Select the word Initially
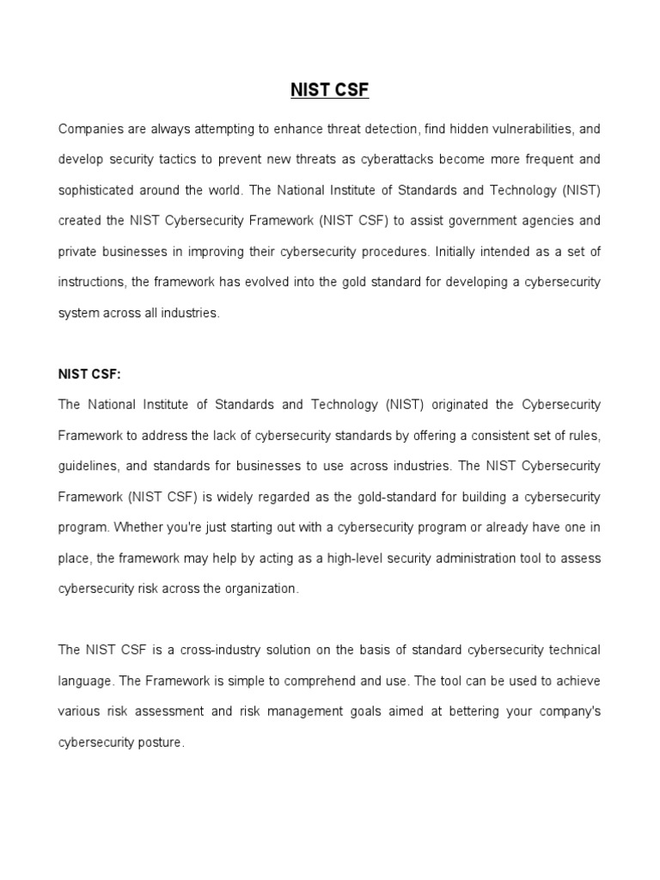click(463, 252)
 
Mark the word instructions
click(91, 282)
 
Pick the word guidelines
click(88, 466)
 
